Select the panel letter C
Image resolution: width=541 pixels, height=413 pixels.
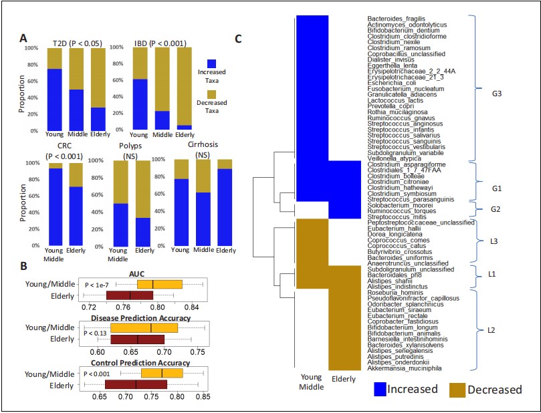[x=239, y=39]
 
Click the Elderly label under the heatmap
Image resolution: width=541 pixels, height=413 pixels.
[x=345, y=380]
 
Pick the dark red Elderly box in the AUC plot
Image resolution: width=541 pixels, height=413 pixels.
[x=130, y=295]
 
